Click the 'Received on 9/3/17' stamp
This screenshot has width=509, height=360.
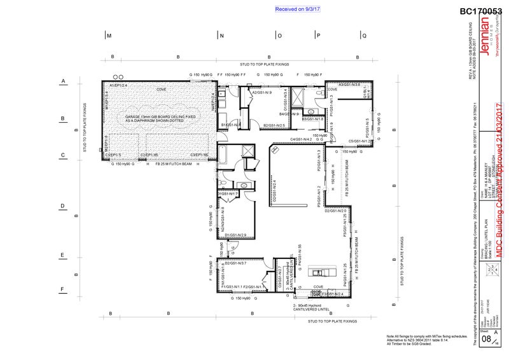[298, 10]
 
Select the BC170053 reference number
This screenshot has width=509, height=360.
[480, 10]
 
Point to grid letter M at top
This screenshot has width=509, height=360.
[109, 36]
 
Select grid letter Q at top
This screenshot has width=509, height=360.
[365, 36]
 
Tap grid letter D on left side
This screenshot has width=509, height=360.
[63, 205]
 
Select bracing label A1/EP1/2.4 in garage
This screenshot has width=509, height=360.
[119, 85]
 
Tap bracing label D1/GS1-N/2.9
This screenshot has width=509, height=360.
[235, 235]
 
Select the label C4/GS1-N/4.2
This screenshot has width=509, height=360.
[300, 139]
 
